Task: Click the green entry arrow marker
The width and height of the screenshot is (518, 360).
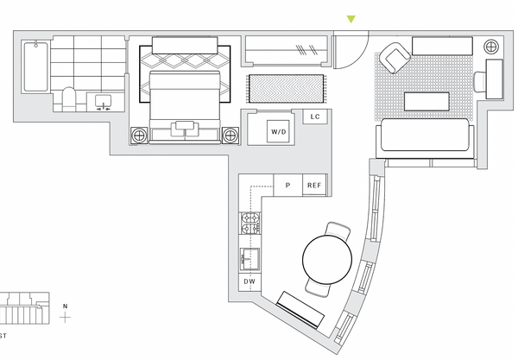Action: pyautogui.click(x=351, y=19)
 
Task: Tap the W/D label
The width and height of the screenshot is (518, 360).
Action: pyautogui.click(x=279, y=132)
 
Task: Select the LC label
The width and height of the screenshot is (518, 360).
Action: pyautogui.click(x=315, y=117)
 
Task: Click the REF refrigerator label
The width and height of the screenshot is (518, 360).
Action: pyautogui.click(x=314, y=186)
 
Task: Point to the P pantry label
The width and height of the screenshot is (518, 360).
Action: pyautogui.click(x=287, y=186)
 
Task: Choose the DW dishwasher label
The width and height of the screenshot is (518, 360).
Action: pyautogui.click(x=250, y=281)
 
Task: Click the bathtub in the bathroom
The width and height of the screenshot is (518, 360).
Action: pyautogui.click(x=35, y=66)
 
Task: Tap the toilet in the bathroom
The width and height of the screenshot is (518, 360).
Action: pyautogui.click(x=69, y=98)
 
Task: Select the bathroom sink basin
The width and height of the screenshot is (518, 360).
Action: pyautogui.click(x=103, y=101)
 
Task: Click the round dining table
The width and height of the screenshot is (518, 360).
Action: pyautogui.click(x=327, y=259)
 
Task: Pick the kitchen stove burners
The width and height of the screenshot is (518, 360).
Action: pyautogui.click(x=250, y=224)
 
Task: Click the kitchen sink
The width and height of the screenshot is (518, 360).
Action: pyautogui.click(x=250, y=259)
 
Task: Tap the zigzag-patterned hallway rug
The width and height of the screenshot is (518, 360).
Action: pyautogui.click(x=286, y=89)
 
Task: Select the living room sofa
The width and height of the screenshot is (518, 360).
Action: pyautogui.click(x=425, y=136)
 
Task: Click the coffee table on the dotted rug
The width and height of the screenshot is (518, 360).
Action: pyautogui.click(x=426, y=101)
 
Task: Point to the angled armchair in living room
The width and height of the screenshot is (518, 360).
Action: pyautogui.click(x=395, y=58)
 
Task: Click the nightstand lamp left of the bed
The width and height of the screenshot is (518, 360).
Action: pyautogui.click(x=139, y=135)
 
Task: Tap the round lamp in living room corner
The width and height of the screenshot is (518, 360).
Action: pyautogui.click(x=491, y=47)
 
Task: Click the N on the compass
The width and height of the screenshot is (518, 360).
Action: pyautogui.click(x=65, y=306)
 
